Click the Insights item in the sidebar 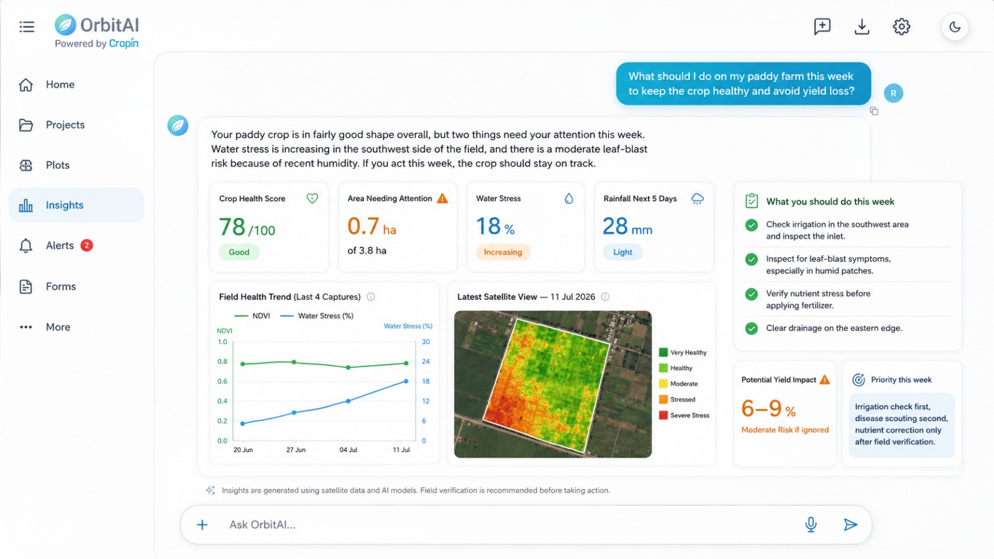pos(76,205)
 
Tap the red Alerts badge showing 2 pos(86,245)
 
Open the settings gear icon pos(901,27)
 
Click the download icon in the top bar pos(862,27)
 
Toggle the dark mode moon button pos(955,27)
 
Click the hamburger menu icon pos(27,27)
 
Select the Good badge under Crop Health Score pos(239,252)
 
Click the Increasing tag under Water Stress pos(503,252)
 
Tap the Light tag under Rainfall pos(622,252)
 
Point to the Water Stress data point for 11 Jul pos(406,381)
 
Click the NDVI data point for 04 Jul pos(349,367)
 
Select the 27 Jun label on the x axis pos(296,450)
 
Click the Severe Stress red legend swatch pos(663,416)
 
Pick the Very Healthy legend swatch pos(663,352)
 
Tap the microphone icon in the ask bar pos(811,524)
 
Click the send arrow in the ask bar pos(850,525)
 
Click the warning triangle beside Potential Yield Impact pos(824,379)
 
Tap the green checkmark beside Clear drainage pos(751,329)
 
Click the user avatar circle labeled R pos(893,93)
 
